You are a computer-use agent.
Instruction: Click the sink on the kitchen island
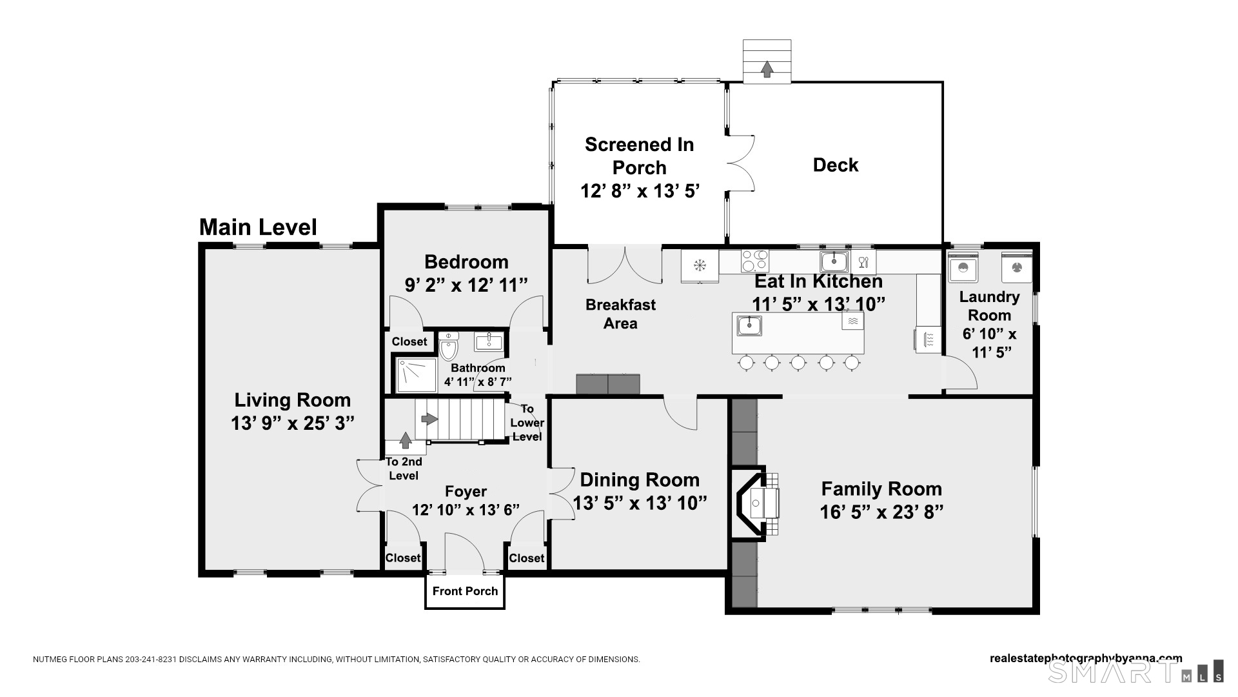749,325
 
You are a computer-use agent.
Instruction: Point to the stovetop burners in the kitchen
754,261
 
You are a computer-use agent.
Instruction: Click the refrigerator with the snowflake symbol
700,265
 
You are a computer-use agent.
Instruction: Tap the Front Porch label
465,591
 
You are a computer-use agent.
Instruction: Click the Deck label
835,165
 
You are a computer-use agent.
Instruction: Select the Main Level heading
258,227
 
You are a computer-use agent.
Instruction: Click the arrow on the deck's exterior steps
767,69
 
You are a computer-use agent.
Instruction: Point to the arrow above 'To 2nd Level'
406,441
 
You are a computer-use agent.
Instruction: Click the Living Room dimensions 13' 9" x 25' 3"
293,423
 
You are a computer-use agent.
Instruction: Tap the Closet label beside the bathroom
409,341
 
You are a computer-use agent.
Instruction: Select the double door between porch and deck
740,163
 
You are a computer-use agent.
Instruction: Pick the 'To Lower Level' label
527,423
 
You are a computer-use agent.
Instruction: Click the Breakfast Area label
620,314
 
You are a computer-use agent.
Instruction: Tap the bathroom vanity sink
489,341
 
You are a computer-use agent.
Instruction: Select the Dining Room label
639,480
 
